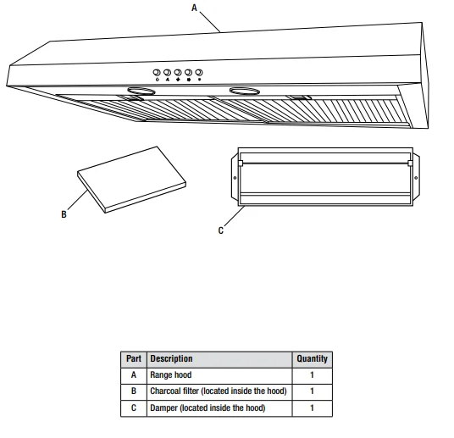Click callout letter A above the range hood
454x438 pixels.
[194, 7]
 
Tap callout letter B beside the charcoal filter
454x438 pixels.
[64, 215]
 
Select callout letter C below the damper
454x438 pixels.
[221, 231]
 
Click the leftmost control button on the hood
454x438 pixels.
[157, 73]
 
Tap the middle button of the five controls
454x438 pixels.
[178, 73]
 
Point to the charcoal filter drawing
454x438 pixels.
[131, 179]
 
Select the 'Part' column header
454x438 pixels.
[134, 358]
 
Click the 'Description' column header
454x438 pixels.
[171, 358]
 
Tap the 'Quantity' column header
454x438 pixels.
[312, 358]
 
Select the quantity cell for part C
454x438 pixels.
[312, 408]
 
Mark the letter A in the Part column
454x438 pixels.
[134, 374]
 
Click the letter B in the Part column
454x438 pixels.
[134, 391]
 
